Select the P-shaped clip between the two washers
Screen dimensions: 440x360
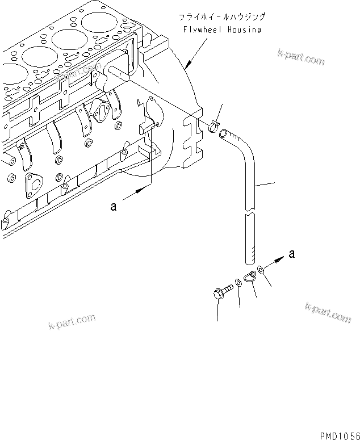tap(250, 278)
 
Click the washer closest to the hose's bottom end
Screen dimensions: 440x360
tap(260, 270)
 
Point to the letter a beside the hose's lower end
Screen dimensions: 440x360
tap(291, 254)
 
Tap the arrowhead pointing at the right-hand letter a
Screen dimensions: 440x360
tap(279, 258)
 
